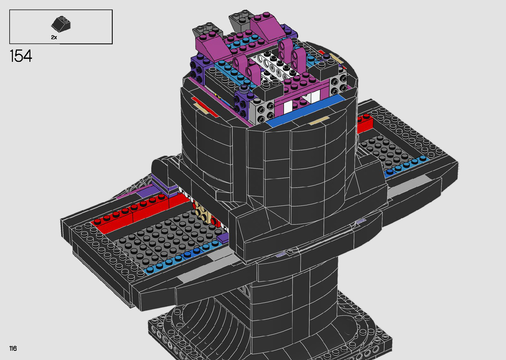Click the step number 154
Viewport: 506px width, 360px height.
pyautogui.click(x=21, y=56)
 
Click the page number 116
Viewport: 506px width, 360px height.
pyautogui.click(x=13, y=348)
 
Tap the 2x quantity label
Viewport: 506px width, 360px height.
pyautogui.click(x=54, y=37)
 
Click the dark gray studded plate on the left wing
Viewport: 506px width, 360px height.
pyautogui.click(x=167, y=240)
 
